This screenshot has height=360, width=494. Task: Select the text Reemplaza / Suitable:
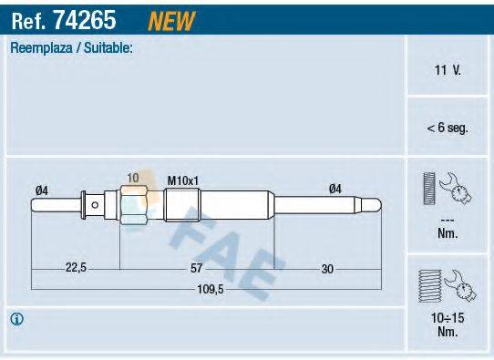[71, 47]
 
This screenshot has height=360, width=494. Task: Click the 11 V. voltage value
[448, 69]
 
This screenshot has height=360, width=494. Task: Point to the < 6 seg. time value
[447, 129]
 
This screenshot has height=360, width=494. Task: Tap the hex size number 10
[133, 178]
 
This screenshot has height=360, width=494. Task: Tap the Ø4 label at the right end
[334, 190]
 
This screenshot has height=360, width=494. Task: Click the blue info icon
[17, 319]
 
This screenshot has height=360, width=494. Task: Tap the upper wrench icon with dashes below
[447, 190]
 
